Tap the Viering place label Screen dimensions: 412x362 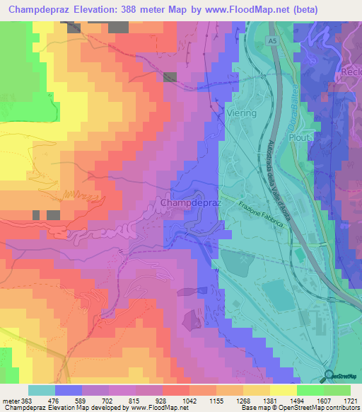[242, 113]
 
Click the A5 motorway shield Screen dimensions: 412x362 [273, 42]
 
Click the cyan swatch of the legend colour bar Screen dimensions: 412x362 [42, 390]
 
